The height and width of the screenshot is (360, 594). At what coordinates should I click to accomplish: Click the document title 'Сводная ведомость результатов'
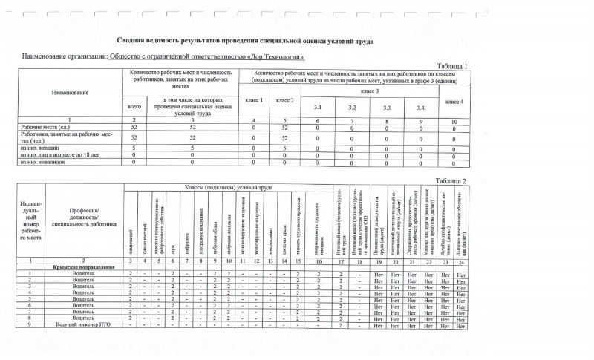click(x=244, y=42)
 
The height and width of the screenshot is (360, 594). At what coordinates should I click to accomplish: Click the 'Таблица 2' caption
click(x=452, y=181)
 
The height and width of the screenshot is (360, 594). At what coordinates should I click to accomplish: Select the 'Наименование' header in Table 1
click(x=70, y=92)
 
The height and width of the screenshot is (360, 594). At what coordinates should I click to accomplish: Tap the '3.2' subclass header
click(x=353, y=109)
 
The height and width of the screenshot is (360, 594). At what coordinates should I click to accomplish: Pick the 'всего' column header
click(x=134, y=108)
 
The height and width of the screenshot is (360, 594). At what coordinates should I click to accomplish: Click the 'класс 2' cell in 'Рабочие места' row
click(x=284, y=128)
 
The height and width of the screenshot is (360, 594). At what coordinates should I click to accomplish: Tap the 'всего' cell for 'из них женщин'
click(x=134, y=148)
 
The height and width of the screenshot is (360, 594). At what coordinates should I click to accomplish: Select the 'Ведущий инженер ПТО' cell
click(x=81, y=325)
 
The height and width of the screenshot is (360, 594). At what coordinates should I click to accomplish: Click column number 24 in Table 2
click(x=461, y=260)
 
